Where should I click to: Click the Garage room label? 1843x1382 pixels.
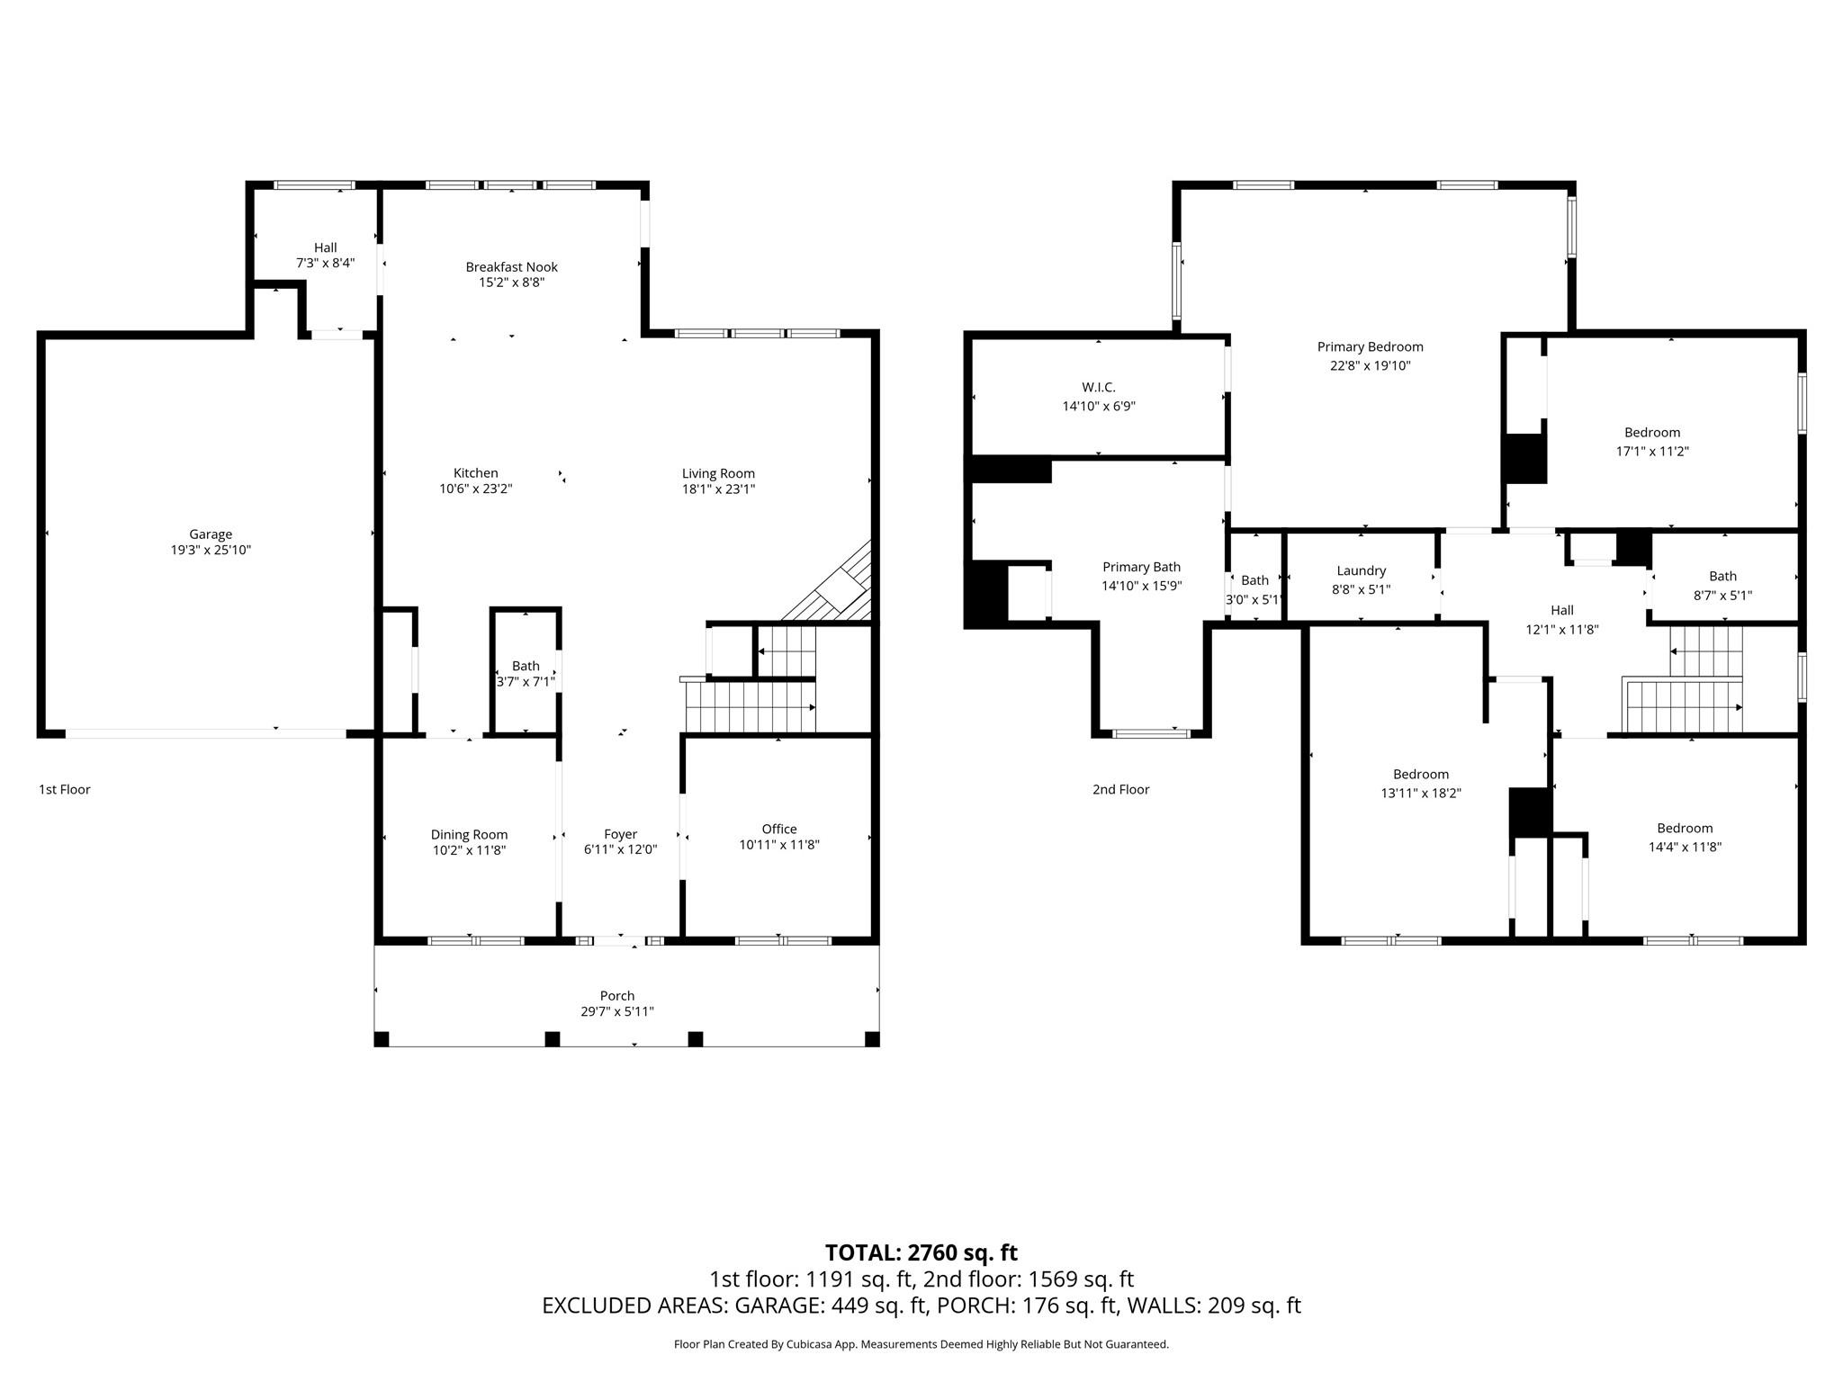point(211,534)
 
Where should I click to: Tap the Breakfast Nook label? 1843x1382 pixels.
point(511,266)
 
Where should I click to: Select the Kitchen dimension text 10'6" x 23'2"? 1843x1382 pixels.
point(475,489)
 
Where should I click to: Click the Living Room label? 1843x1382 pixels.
point(718,473)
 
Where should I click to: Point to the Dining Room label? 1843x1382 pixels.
point(469,834)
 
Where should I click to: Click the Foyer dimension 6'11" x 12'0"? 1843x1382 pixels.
point(621,849)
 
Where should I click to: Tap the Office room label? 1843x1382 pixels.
point(779,829)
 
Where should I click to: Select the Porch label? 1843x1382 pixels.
point(617,995)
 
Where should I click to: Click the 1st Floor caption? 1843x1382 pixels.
point(65,789)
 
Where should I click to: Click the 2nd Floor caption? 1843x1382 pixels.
point(1120,789)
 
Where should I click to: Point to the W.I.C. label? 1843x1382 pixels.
point(1099,387)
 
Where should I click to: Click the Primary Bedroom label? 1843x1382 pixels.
point(1370,346)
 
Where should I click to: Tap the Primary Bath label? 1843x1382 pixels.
point(1141,567)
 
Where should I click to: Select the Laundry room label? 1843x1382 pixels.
point(1361,570)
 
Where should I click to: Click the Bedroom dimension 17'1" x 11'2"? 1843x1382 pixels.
point(1652,451)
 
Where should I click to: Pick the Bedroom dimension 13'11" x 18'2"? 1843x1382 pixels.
point(1421,793)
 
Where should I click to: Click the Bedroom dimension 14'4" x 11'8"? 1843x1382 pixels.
point(1685,846)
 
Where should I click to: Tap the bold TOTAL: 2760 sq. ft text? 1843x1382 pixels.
point(921,1252)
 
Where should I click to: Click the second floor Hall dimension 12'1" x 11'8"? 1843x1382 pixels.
point(1562,629)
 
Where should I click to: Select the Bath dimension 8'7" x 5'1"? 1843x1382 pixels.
point(1722,595)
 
